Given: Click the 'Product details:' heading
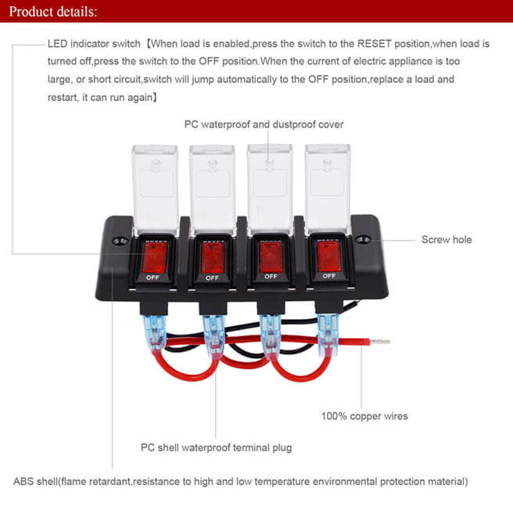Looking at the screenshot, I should (54, 13).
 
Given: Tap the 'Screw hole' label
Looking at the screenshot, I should (447, 239).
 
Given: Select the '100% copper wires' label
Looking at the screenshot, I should (364, 416).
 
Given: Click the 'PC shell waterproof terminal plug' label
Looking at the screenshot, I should (216, 448).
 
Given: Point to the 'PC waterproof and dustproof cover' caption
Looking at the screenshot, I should (264, 124).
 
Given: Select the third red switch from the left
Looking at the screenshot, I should (270, 256).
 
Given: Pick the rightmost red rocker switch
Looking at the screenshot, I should (328, 255).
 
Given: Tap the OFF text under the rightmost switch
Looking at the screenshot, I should (328, 275).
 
